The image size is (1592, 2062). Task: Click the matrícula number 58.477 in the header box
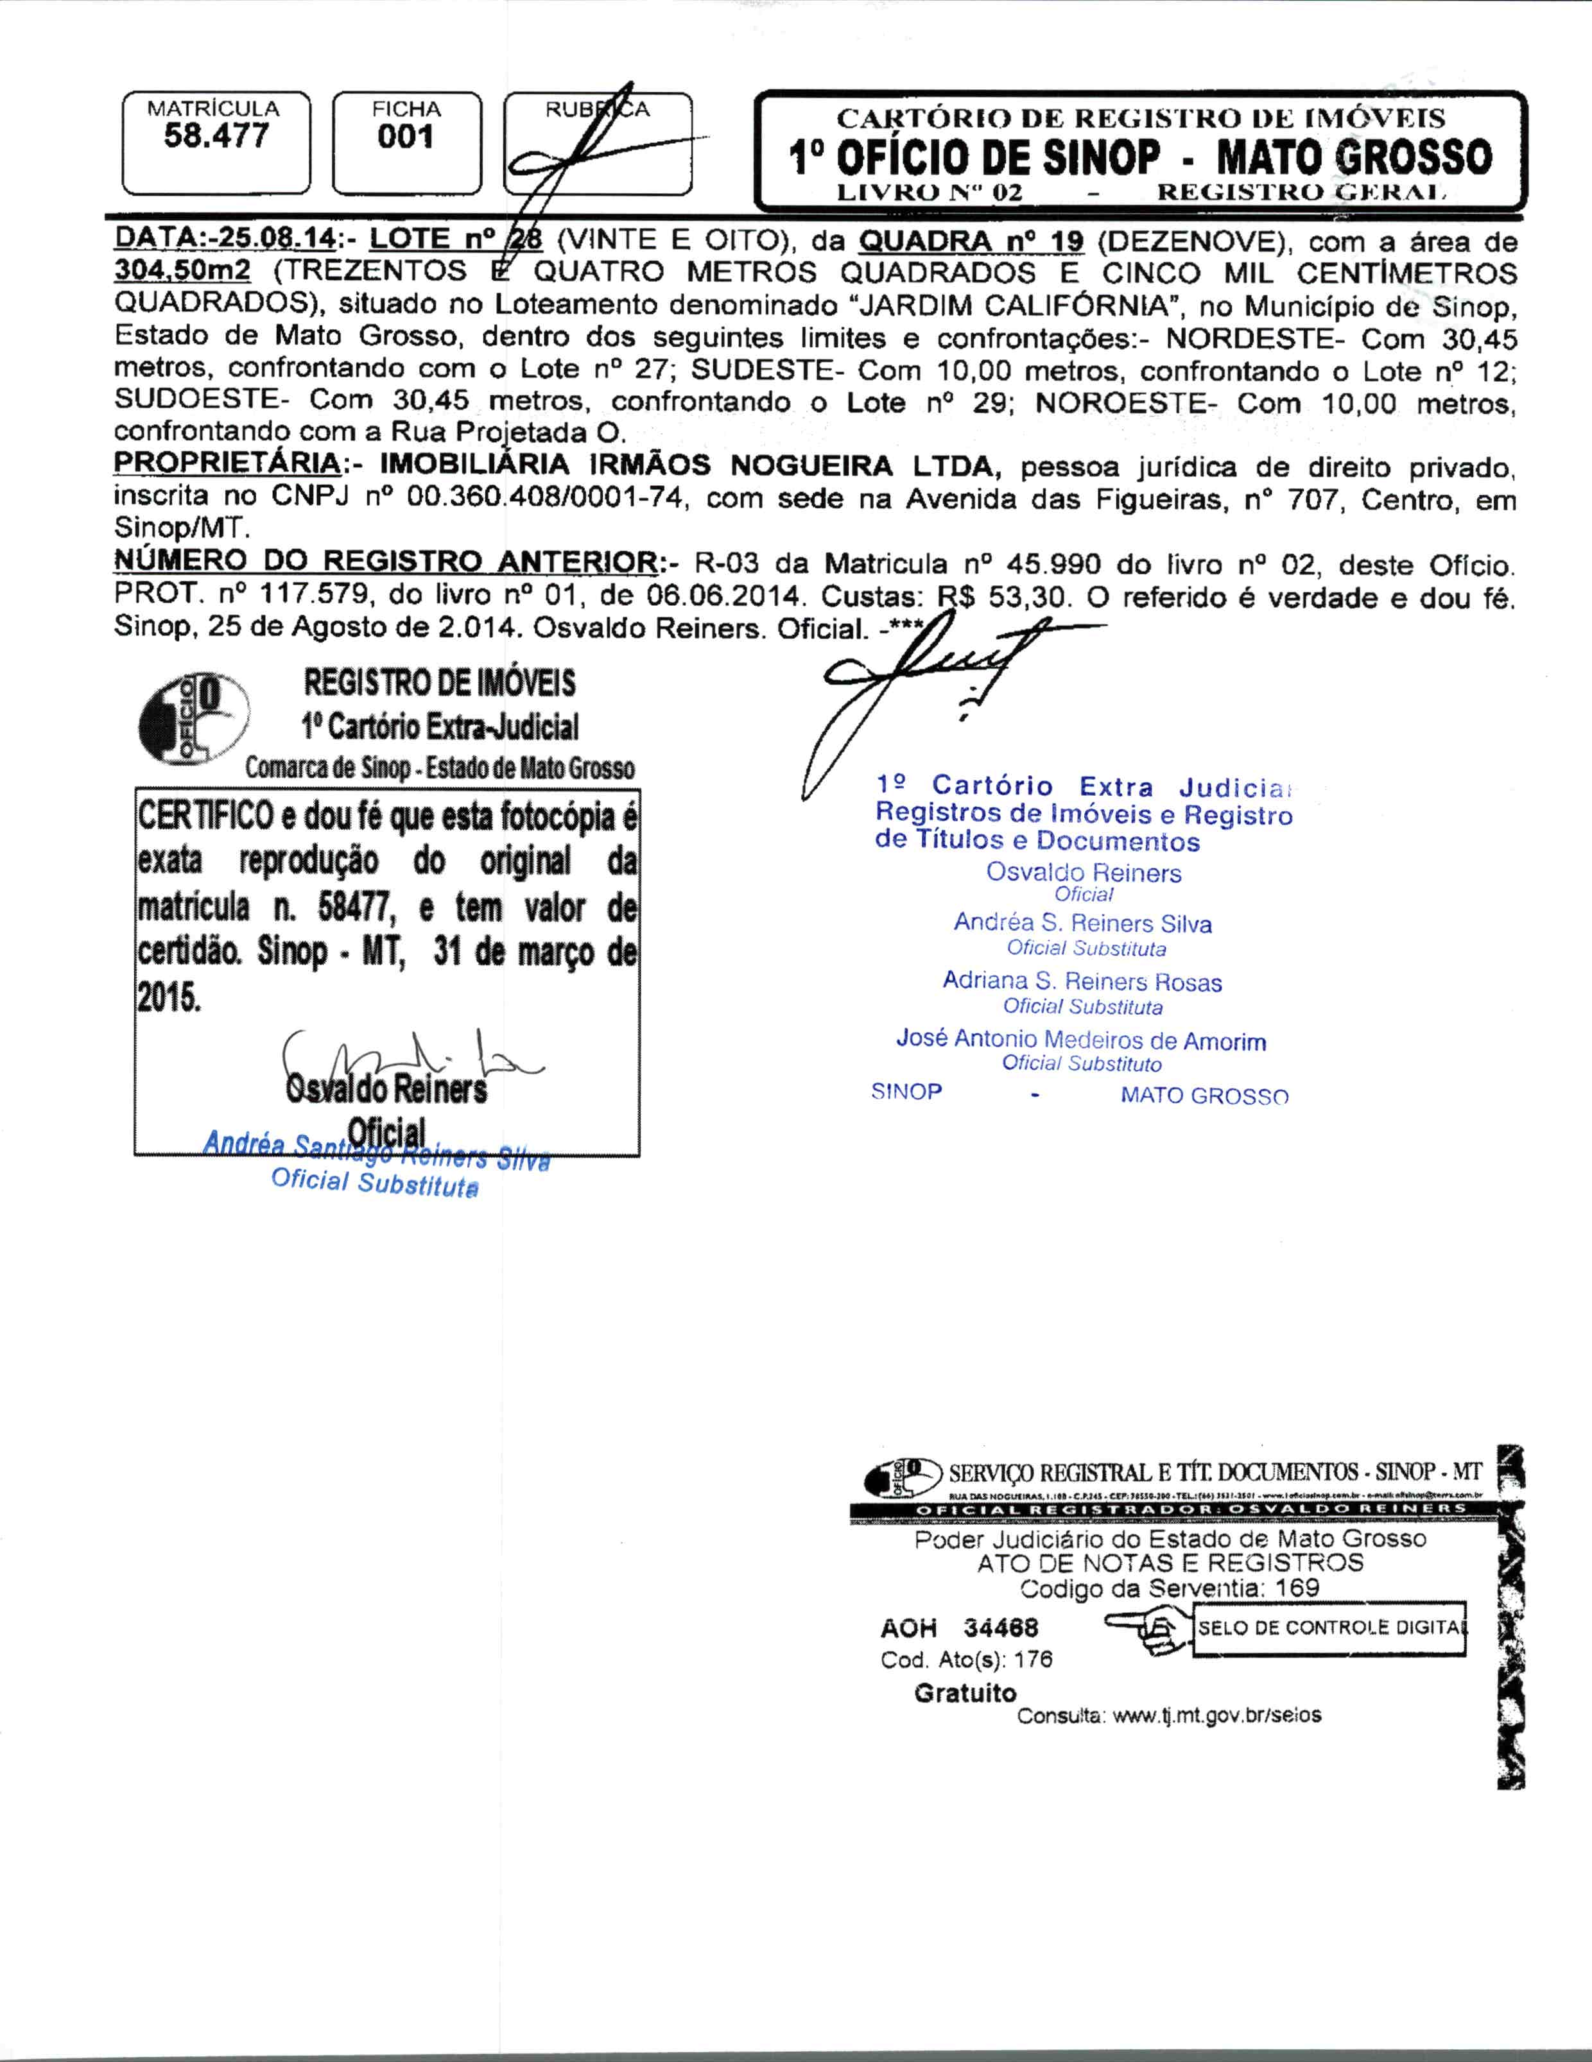pos(216,136)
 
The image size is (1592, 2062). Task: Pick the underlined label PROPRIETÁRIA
pos(227,465)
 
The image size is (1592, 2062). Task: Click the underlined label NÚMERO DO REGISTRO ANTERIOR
pos(385,561)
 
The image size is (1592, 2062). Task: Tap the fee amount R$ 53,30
pos(1003,597)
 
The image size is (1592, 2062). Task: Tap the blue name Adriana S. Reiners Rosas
pos(1082,981)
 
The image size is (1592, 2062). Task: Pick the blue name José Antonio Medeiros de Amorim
pos(1081,1040)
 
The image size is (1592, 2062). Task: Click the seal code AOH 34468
pos(958,1628)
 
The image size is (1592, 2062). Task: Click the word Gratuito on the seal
pos(965,1693)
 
